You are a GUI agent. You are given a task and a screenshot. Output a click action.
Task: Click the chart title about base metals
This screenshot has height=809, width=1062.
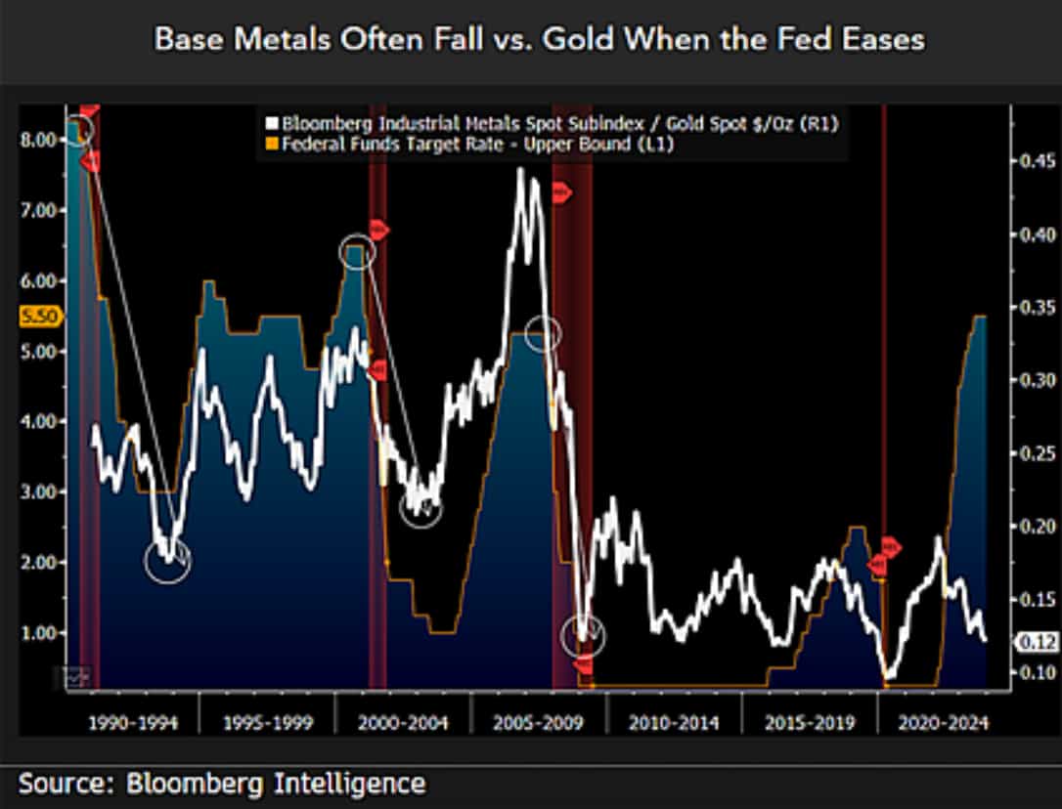pyautogui.click(x=539, y=39)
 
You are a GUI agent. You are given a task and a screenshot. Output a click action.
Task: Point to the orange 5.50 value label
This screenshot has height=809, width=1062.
pyautogui.click(x=39, y=317)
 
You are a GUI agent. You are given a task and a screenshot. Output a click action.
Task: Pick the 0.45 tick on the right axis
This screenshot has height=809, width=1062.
pyautogui.click(x=1035, y=160)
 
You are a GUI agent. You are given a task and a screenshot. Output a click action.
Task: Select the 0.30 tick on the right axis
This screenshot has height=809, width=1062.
pyautogui.click(x=1035, y=380)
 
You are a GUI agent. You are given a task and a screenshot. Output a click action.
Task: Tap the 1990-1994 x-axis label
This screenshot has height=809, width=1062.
pyautogui.click(x=133, y=723)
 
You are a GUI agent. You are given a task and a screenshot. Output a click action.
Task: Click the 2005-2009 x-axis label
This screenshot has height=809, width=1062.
pyautogui.click(x=539, y=723)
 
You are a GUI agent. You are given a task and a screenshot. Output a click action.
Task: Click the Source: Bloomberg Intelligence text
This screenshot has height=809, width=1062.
pyautogui.click(x=222, y=783)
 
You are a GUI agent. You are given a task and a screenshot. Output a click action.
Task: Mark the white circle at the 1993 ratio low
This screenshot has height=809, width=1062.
pyautogui.click(x=167, y=562)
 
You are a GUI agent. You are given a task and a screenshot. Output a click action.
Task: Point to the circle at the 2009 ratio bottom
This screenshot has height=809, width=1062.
pyautogui.click(x=583, y=637)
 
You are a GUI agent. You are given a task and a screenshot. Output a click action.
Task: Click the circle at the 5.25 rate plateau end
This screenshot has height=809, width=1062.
pyautogui.click(x=543, y=334)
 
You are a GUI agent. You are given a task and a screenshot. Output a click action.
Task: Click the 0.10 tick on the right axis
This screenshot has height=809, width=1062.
pyautogui.click(x=1035, y=672)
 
